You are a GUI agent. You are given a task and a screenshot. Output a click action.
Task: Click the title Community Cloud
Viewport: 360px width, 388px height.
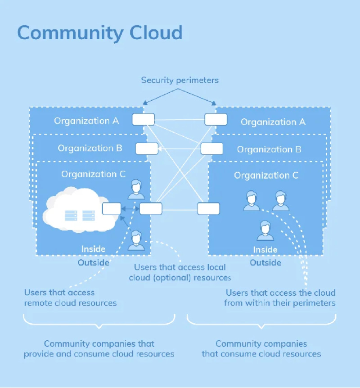click(x=99, y=33)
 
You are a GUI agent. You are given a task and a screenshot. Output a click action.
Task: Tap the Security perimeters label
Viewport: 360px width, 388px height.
click(x=180, y=80)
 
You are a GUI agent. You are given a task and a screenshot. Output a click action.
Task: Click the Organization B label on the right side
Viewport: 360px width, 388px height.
click(x=269, y=149)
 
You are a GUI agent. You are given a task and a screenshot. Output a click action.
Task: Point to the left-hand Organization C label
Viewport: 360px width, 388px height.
click(x=94, y=174)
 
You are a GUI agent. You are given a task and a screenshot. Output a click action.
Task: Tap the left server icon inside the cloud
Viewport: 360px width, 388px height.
click(x=71, y=215)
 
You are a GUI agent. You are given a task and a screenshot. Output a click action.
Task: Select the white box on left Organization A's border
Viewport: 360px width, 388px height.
click(x=143, y=119)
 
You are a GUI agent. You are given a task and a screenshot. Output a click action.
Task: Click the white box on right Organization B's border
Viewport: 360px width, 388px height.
click(x=212, y=149)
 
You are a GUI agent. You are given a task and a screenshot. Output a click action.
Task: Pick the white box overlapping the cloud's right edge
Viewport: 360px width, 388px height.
click(x=112, y=208)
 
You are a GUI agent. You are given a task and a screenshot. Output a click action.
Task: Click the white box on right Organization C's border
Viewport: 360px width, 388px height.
click(x=208, y=208)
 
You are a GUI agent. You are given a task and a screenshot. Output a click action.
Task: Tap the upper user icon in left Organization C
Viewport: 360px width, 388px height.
click(x=136, y=189)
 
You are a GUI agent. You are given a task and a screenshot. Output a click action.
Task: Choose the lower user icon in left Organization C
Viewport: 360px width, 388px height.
click(x=136, y=240)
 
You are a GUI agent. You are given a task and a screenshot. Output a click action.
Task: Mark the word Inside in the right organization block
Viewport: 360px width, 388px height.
click(x=265, y=250)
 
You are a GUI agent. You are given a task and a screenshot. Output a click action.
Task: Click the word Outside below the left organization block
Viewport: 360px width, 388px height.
click(x=94, y=262)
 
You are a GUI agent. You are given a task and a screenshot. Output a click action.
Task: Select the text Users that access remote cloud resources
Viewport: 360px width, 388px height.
click(x=70, y=298)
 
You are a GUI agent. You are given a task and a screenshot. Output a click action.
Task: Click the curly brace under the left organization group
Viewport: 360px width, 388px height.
click(x=99, y=321)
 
